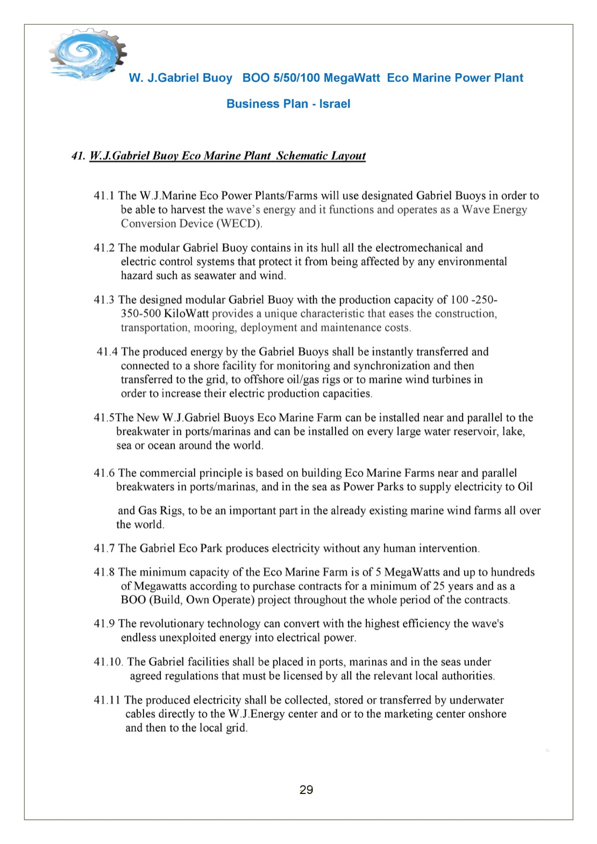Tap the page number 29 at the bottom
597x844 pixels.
306,790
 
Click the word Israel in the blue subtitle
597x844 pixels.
335,104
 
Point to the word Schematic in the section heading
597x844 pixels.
302,156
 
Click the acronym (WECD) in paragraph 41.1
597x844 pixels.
239,224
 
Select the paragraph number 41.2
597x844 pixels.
104,248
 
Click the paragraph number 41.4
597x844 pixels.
107,352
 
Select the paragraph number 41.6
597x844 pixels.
104,473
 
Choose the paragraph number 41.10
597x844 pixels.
108,662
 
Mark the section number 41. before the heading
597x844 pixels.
78,156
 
